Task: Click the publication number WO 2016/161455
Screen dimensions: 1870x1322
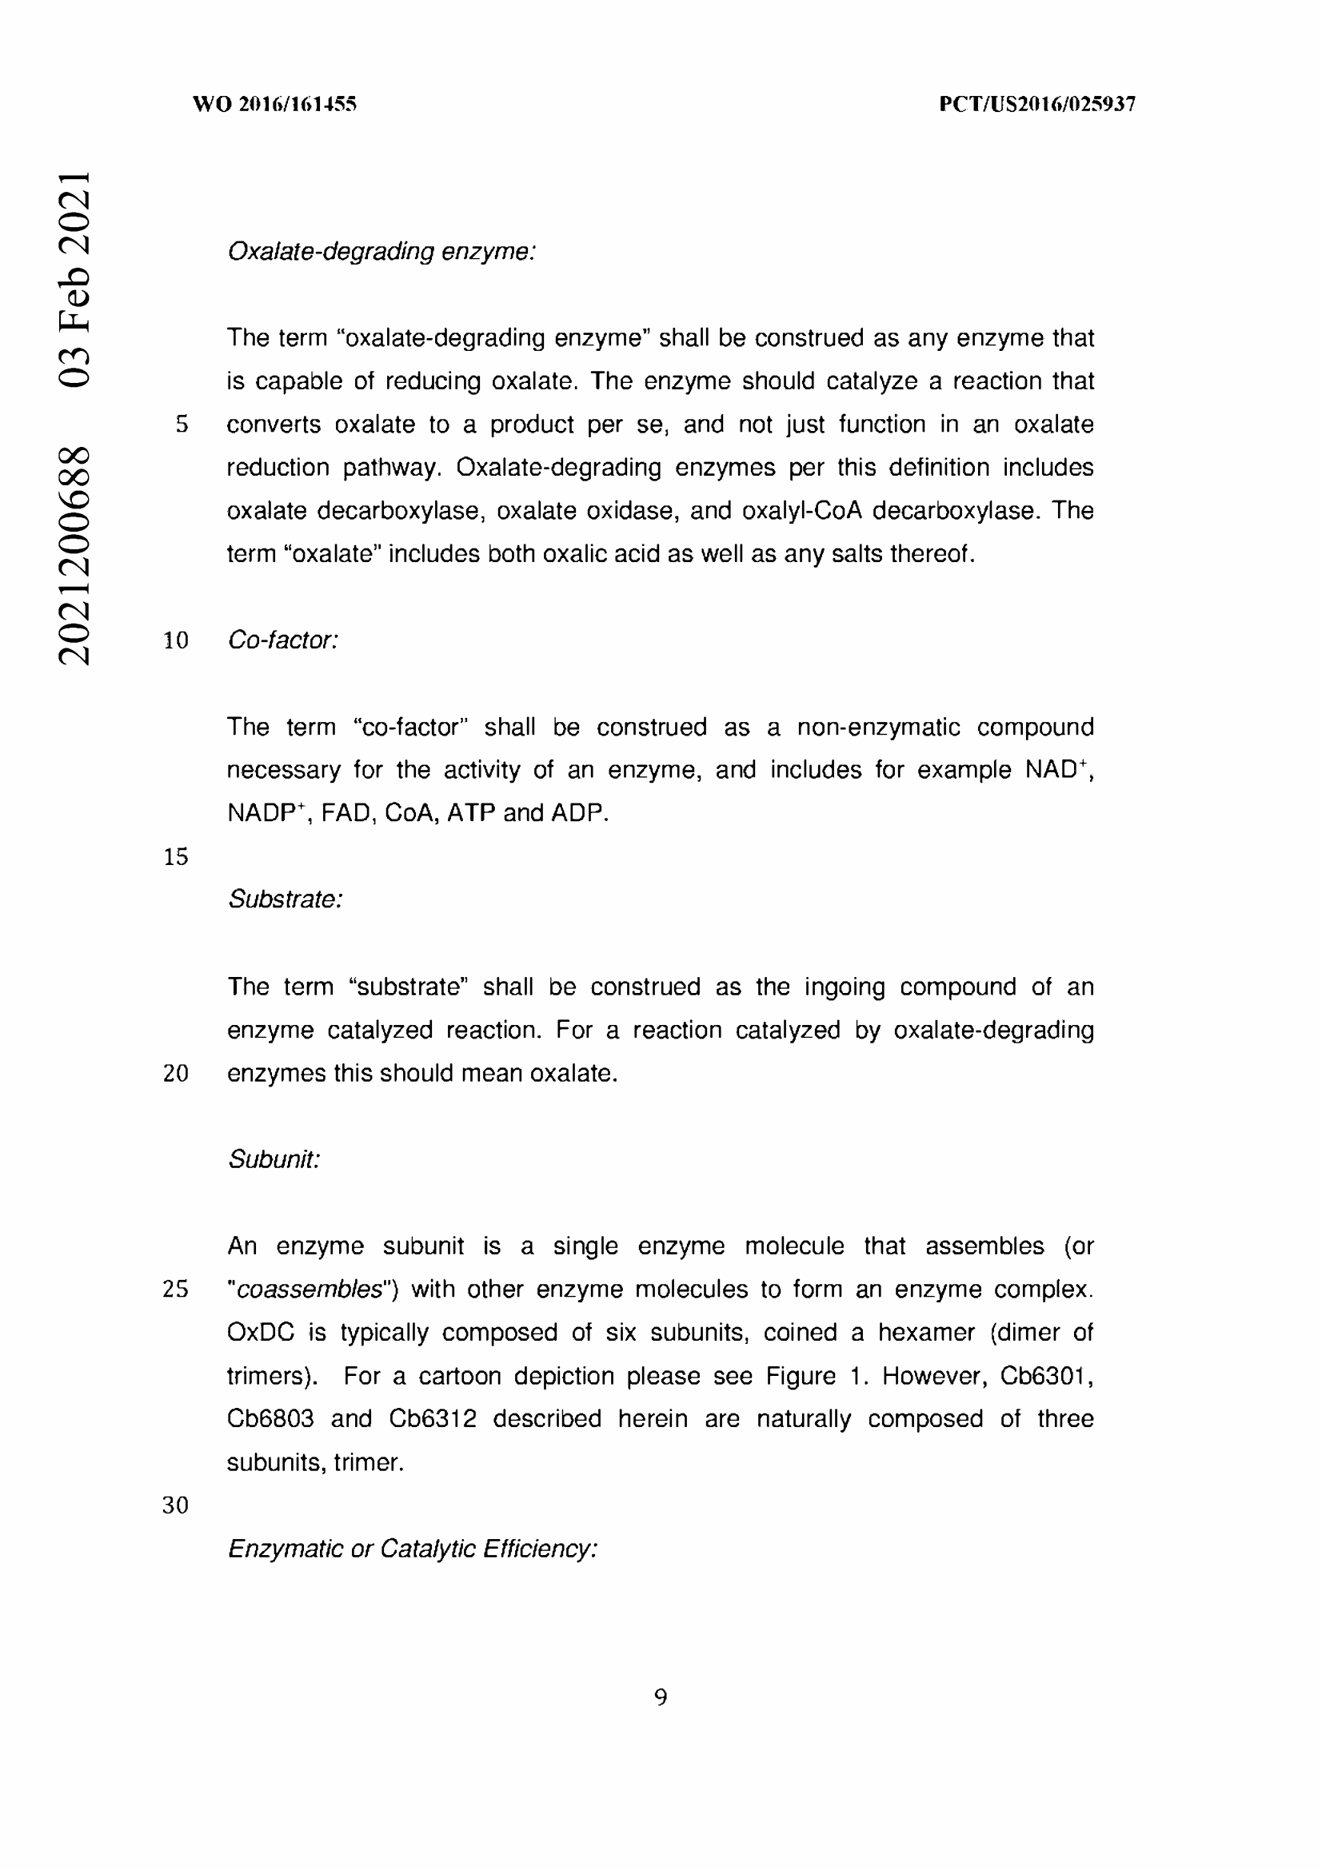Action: coord(274,104)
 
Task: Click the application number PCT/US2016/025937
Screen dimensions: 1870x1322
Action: coord(1037,104)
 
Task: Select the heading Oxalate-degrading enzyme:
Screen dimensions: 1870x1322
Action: coord(381,252)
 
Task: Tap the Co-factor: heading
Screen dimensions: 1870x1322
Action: coord(282,640)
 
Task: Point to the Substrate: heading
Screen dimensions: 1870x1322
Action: coord(285,899)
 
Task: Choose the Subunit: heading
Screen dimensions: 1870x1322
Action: coord(274,1159)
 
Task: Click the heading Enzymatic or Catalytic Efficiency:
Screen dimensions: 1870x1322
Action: coord(412,1549)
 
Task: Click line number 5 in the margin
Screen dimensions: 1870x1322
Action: coord(182,425)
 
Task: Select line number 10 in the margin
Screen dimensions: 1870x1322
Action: coord(176,641)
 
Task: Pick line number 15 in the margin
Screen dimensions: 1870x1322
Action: coord(176,857)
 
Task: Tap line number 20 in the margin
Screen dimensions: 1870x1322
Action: coord(176,1074)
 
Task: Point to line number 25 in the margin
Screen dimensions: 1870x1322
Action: coord(176,1290)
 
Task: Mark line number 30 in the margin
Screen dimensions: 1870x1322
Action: coord(176,1505)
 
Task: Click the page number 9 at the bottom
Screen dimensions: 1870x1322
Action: coord(661,1697)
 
